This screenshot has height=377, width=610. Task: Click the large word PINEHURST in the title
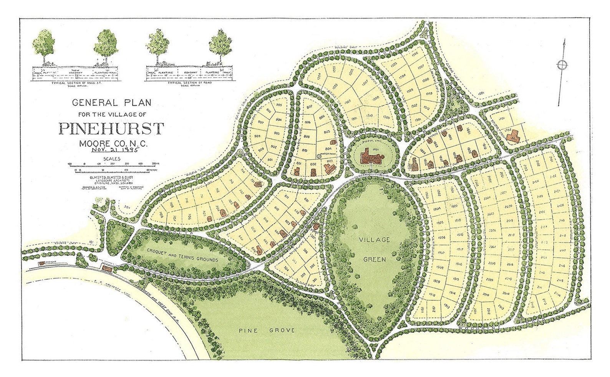[x=111, y=128]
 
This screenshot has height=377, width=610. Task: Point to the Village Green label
[x=375, y=250]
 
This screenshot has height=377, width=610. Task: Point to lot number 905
[x=279, y=105]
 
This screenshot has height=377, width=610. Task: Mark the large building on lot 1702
[x=512, y=138]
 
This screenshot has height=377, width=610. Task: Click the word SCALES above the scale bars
[x=111, y=159]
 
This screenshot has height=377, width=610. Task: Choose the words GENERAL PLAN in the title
[x=111, y=103]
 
